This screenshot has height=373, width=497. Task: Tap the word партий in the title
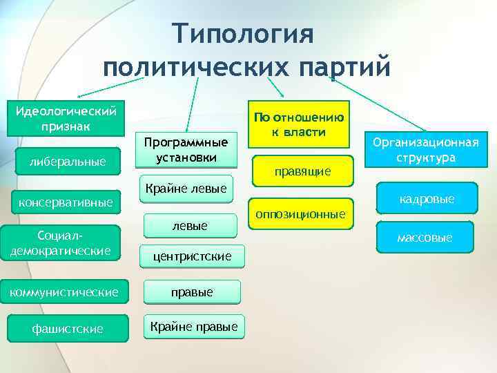point(344,66)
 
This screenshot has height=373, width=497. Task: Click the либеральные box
point(68,162)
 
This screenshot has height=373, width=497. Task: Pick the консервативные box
point(66,203)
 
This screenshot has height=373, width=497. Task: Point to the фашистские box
point(68,329)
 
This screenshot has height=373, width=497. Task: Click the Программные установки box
point(186,149)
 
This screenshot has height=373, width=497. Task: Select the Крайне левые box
point(188,188)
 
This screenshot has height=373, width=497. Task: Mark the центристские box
point(193,257)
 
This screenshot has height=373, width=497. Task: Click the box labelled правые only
point(192,292)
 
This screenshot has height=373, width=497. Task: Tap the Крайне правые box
point(193,326)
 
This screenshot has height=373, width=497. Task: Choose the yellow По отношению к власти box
point(299,124)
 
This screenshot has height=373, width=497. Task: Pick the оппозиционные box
point(300,214)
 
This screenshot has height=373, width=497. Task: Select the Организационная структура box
point(425,151)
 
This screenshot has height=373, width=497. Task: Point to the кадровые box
point(427,199)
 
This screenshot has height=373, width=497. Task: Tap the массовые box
point(425,238)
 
